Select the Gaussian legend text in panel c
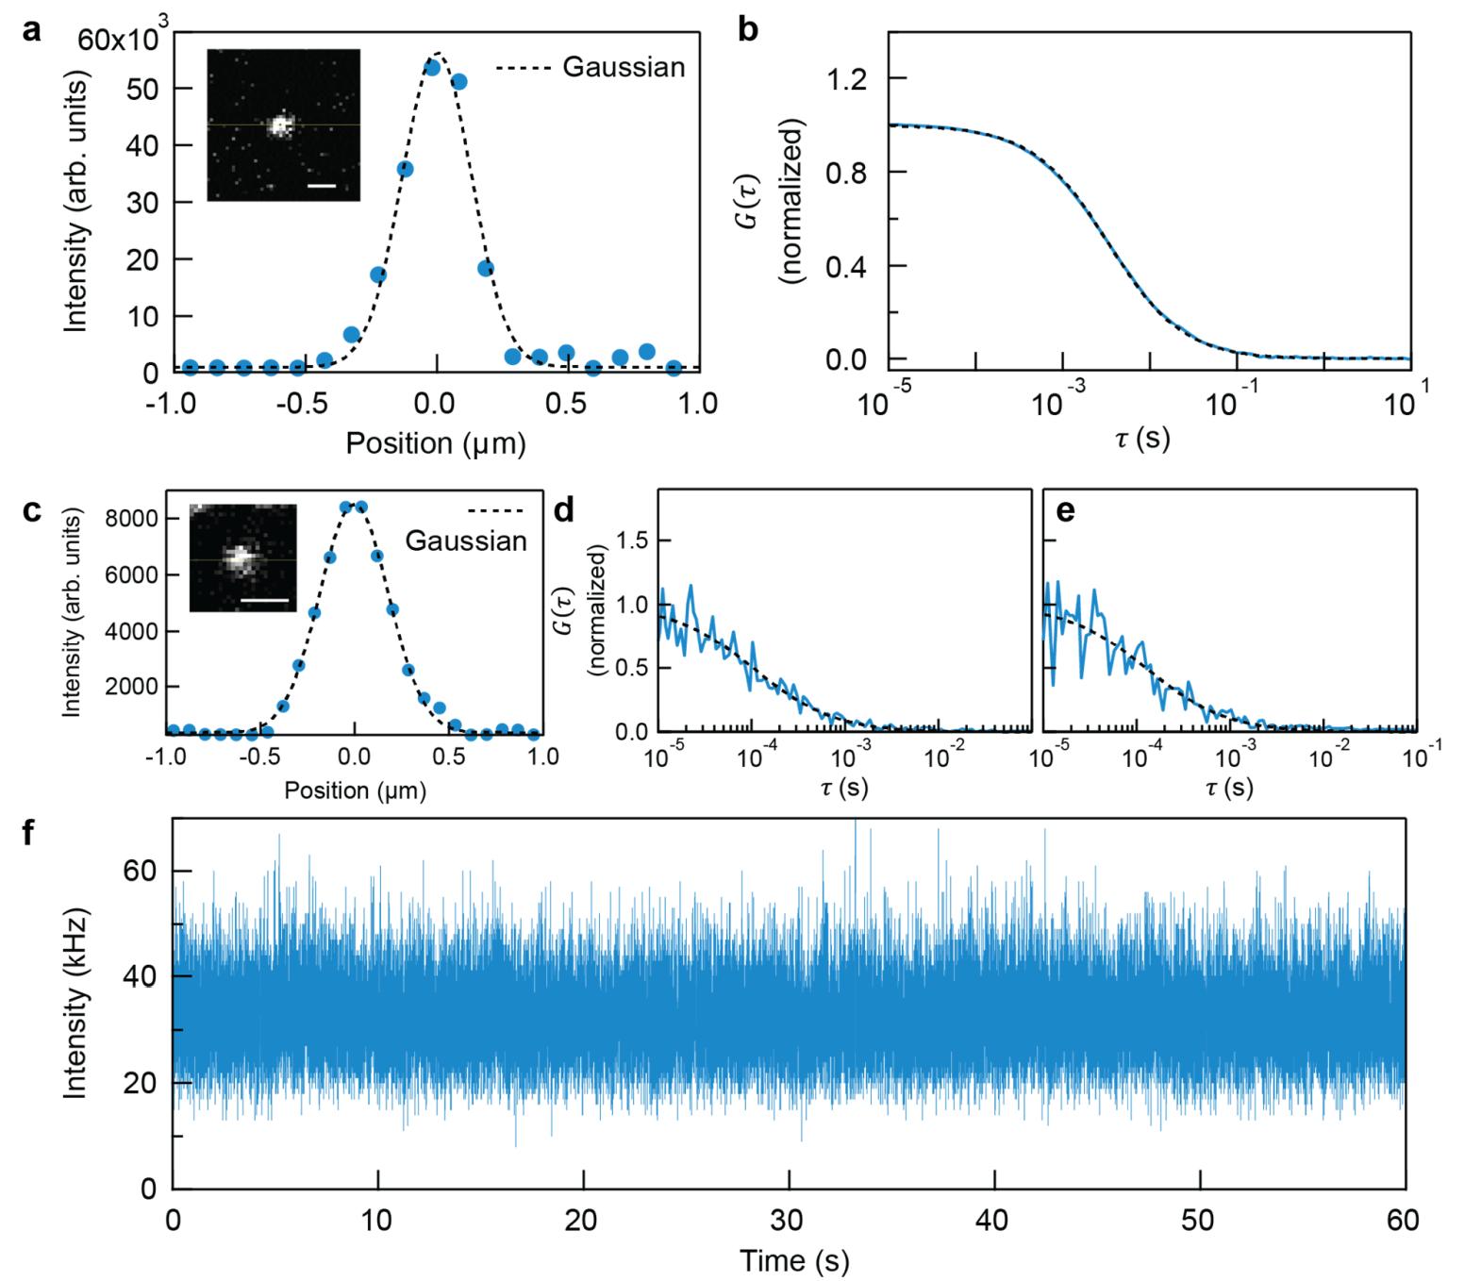(x=466, y=541)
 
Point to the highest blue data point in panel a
(x=432, y=67)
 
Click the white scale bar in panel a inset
(x=322, y=186)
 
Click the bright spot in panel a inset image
(x=279, y=124)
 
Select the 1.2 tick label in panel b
(x=846, y=78)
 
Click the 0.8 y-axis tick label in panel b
(x=846, y=173)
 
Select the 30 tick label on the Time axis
(x=789, y=1221)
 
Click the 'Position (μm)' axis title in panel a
(x=435, y=443)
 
